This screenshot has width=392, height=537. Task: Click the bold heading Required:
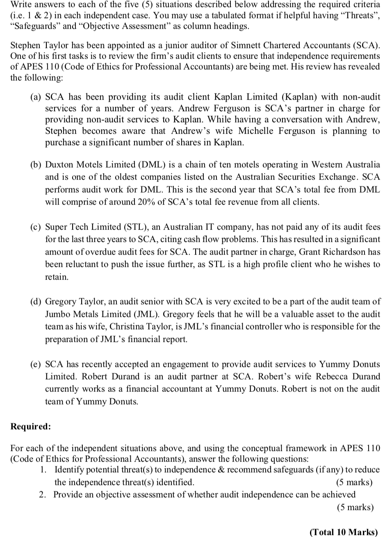31,426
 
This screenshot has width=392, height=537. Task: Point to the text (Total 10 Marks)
344,532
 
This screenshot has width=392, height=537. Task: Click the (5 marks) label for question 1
354,482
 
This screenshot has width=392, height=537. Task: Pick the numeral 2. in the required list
43,495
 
